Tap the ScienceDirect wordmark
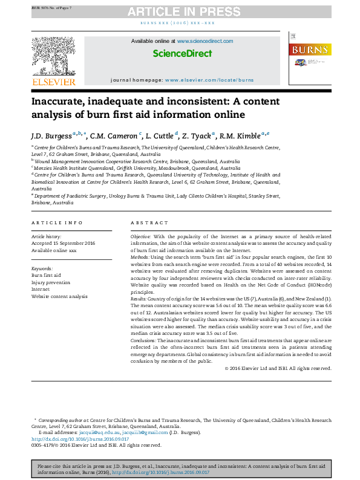pos(182,53)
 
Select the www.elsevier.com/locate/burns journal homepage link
pos(209,80)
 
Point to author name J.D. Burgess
pos(51,135)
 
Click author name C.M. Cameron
pos(114,135)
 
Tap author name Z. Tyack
pos(197,135)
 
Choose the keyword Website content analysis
pos(59,296)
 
